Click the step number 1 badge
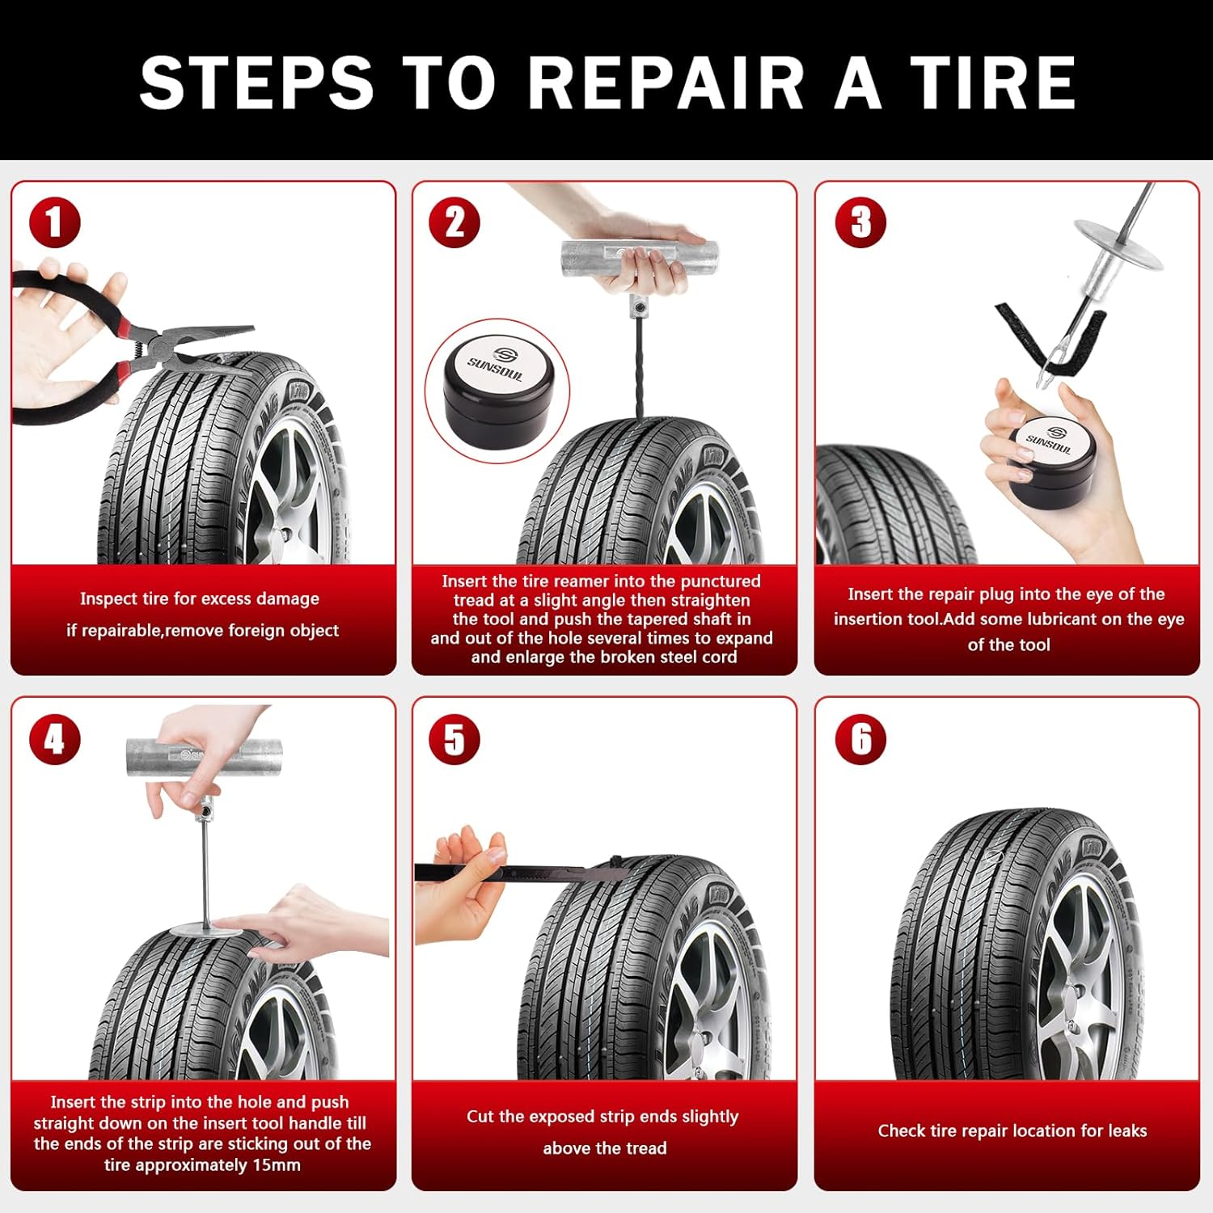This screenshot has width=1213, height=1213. tap(54, 222)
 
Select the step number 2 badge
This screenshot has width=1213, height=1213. tap(454, 222)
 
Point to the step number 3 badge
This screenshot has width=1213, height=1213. tap(860, 222)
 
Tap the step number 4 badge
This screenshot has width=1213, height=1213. tap(54, 738)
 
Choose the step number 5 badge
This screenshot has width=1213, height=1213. tap(454, 738)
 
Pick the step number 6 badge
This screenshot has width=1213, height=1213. tap(860, 738)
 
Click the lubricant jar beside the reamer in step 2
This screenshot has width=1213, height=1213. tap(496, 390)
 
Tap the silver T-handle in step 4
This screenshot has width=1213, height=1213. tap(205, 758)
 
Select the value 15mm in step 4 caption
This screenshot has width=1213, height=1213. tap(278, 1165)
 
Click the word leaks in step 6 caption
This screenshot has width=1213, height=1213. tap(1126, 1131)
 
